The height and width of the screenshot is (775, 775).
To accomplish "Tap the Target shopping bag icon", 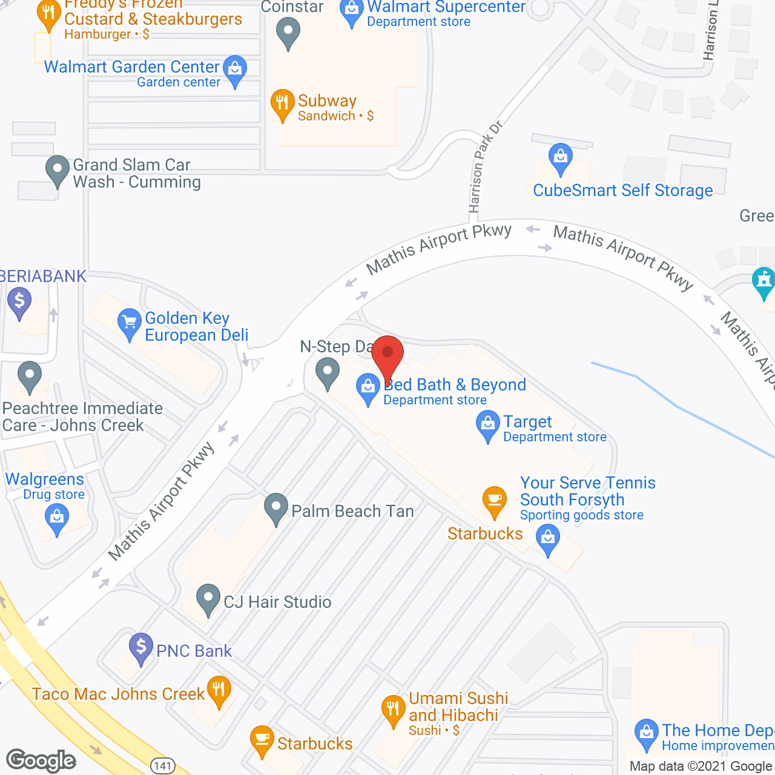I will click(487, 425).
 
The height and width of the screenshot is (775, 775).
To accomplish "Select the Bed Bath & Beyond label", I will click(455, 385).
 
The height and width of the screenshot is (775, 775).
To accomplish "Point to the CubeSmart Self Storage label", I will click(622, 190).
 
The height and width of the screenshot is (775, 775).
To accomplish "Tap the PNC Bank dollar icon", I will click(141, 648).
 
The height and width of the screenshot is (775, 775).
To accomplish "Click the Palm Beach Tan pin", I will click(276, 508).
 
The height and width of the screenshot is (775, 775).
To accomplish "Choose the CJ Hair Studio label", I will click(277, 602).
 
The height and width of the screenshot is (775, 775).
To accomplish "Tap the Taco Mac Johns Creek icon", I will click(219, 691).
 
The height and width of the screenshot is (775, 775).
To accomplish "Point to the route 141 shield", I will click(163, 766).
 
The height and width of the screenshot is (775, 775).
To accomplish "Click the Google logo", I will click(41, 760).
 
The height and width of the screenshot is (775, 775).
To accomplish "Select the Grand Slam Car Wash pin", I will click(58, 170).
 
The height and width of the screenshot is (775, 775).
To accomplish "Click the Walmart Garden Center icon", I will click(234, 70).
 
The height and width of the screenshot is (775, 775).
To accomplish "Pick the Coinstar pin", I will click(288, 33).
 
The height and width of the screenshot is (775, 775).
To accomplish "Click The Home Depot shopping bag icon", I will click(646, 733).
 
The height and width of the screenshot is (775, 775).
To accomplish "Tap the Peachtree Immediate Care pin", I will click(29, 376).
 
